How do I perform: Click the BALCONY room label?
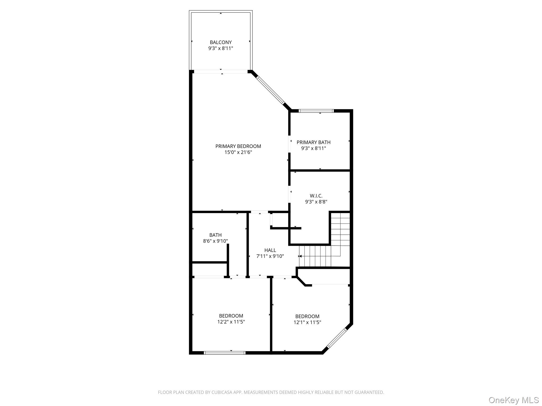220,42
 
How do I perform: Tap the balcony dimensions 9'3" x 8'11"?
220,48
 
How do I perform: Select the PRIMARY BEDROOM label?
238,146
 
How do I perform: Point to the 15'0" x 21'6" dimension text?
238,152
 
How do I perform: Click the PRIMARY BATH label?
313,142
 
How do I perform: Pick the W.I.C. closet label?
316,196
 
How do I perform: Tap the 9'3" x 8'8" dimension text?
316,202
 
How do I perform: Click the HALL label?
270,250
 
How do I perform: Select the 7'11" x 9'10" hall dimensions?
270,256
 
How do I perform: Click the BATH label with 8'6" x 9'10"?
215,235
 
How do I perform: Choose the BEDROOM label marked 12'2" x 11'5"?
231,316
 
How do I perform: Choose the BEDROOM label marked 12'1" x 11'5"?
307,316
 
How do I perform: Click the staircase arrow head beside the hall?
300,256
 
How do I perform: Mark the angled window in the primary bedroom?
270,90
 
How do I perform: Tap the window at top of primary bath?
316,111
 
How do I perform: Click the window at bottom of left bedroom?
224,353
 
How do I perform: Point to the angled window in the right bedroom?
336,338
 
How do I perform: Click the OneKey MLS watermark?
513,400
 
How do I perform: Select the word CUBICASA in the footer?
221,393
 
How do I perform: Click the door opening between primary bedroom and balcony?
221,71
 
